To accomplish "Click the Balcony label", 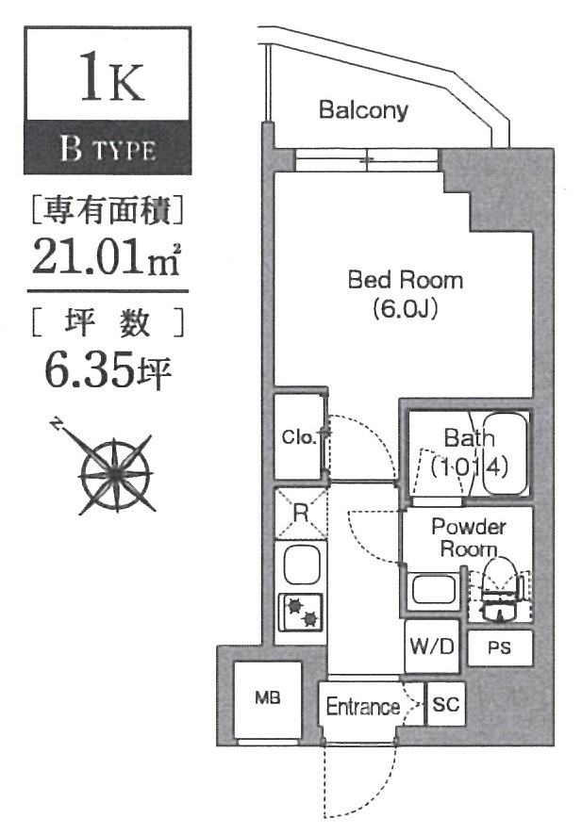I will click(x=363, y=110).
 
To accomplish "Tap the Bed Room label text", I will click(x=405, y=279).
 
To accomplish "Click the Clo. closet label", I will click(x=296, y=436).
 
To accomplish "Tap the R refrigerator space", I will click(x=300, y=514).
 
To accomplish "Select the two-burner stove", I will click(x=300, y=613).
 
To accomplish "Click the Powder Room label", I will click(x=468, y=538).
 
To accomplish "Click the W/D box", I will click(x=432, y=647).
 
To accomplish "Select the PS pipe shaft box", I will click(x=499, y=648).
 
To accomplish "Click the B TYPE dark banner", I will click(x=108, y=148).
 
